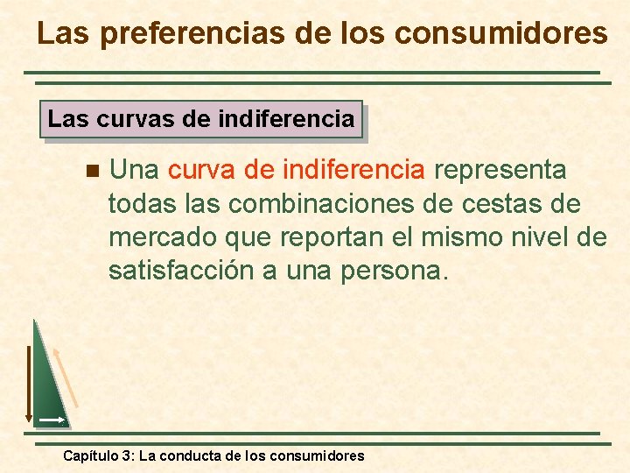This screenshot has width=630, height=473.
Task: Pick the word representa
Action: (500, 169)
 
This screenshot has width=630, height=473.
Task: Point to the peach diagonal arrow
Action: (66, 377)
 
